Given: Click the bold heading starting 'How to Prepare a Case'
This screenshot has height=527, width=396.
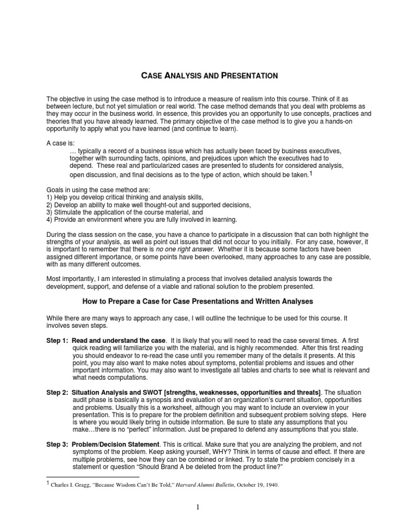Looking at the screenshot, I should (198, 300).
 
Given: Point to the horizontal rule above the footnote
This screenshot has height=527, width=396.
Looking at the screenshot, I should (93, 477).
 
